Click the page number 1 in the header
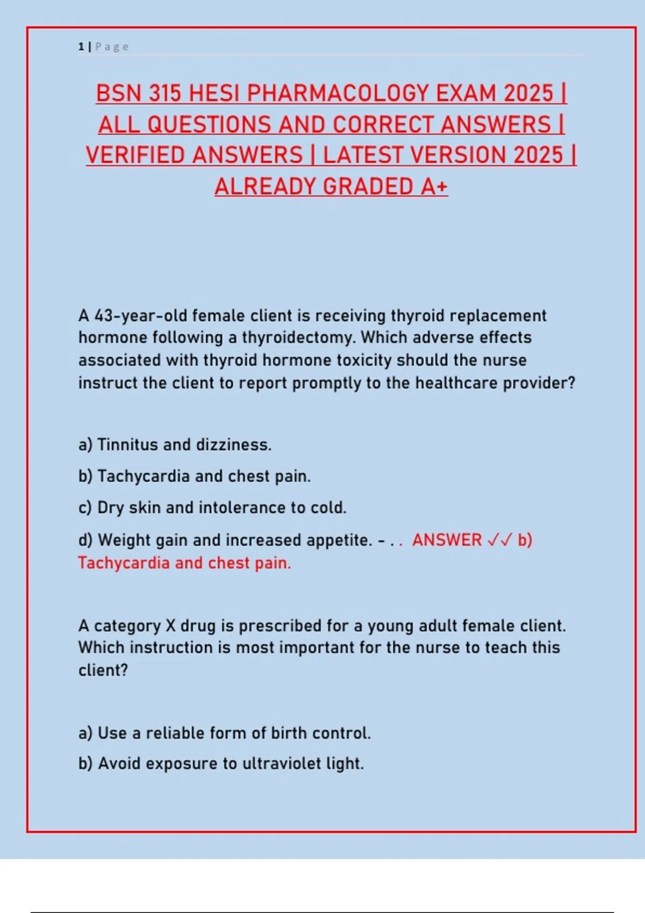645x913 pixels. pyautogui.click(x=81, y=47)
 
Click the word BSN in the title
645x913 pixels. pyautogui.click(x=119, y=93)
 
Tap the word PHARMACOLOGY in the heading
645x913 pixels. pyautogui.click(x=338, y=93)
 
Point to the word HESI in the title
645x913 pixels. pyautogui.click(x=214, y=93)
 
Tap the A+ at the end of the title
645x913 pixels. pyautogui.click(x=434, y=187)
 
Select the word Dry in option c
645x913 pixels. pyautogui.click(x=110, y=508)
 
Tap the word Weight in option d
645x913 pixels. pyautogui.click(x=124, y=540)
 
